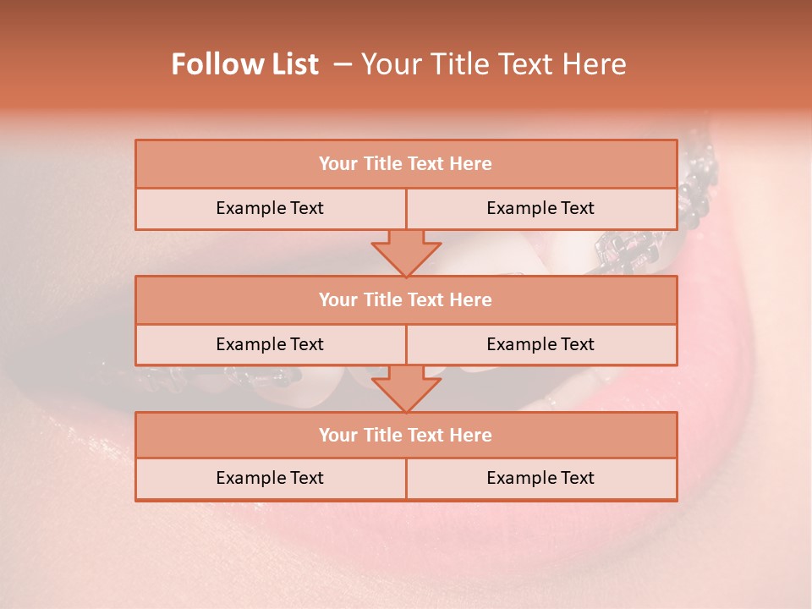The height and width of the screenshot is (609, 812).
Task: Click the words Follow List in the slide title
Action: coord(244,64)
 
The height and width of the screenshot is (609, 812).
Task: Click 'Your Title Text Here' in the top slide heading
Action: coord(494,64)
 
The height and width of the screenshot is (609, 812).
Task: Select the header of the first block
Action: coord(405,164)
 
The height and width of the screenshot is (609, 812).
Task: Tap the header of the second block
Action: coord(405,299)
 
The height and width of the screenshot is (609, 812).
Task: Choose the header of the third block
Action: coord(405,435)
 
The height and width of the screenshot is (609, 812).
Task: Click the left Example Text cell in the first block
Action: coord(270,208)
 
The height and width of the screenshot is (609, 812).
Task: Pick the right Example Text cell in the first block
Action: coord(540,208)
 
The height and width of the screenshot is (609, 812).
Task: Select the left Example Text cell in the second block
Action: coord(270,344)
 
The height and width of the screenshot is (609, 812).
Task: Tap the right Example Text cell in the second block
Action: coord(540,344)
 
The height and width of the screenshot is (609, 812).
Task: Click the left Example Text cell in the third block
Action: coord(270,478)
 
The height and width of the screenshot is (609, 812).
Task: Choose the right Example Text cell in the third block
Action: coord(540,478)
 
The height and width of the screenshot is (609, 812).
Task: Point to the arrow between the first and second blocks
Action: coord(406,253)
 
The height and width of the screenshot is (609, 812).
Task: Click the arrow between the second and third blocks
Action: coord(406,388)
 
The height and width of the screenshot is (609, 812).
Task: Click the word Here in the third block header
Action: coord(471,435)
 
